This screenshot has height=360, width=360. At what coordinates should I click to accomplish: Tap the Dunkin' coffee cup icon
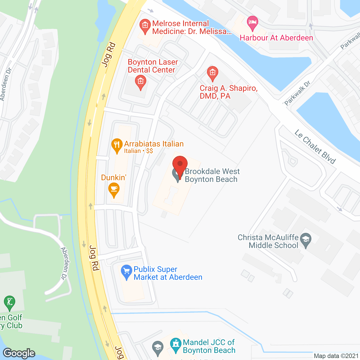[114, 189]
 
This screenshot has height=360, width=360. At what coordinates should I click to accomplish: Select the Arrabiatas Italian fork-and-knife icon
[117, 145]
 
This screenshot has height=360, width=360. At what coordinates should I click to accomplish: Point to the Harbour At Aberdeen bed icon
[252, 22]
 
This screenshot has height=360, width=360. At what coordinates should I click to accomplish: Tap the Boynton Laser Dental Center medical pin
[141, 82]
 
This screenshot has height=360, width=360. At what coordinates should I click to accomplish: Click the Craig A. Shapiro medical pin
[212, 73]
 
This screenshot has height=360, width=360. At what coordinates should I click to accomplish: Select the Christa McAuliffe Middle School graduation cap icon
[306, 240]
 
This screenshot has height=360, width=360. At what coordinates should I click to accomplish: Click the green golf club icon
[10, 303]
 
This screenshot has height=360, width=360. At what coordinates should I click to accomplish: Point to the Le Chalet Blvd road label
[315, 147]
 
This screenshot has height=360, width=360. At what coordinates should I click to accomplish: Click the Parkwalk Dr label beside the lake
[297, 93]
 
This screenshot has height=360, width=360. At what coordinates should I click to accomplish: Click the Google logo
[19, 353]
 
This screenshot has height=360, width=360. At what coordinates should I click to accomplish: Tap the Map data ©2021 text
[336, 356]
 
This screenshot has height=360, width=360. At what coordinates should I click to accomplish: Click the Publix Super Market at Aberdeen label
[168, 273]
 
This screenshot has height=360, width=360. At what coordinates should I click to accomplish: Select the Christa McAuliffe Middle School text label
[268, 241]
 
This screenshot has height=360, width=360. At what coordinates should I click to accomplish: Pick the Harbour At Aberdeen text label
[276, 38]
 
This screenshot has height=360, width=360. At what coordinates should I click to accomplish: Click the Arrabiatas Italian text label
[154, 144]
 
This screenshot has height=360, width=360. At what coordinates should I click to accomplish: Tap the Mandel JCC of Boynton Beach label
[209, 346]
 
